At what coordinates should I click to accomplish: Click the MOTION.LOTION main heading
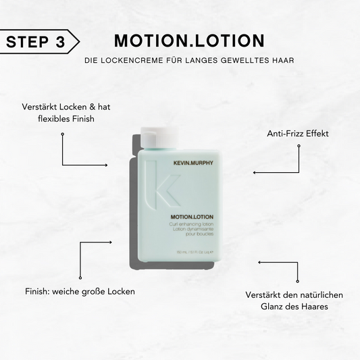click(188, 41)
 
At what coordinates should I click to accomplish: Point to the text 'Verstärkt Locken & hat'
click(66, 106)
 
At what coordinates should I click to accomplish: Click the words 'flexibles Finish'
click(66, 119)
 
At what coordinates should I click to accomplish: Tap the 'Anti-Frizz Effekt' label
click(298, 133)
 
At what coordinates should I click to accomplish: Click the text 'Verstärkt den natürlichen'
click(294, 294)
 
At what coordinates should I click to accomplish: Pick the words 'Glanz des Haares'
click(294, 307)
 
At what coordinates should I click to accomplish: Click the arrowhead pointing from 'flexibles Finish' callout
click(106, 164)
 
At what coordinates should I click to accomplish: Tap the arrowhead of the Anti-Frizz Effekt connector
click(255, 173)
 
